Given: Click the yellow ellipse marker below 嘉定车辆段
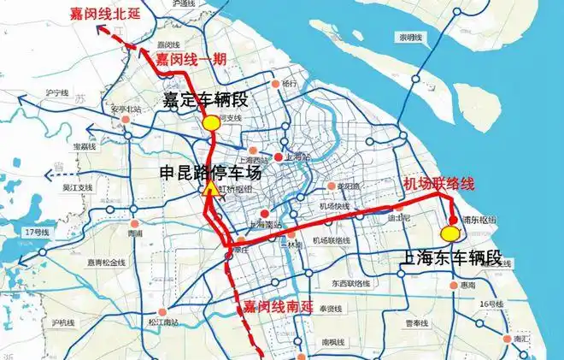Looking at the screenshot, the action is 211,123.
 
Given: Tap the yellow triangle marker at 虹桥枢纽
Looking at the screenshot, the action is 209,190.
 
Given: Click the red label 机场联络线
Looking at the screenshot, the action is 436,183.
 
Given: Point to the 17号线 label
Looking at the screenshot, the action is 38,233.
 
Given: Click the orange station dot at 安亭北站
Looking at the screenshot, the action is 126,121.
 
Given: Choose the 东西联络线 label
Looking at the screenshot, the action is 351,282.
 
